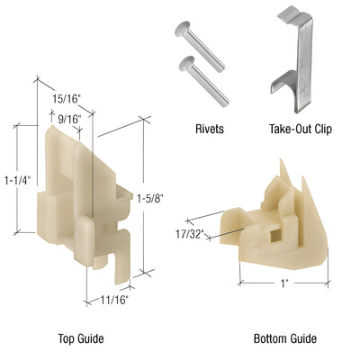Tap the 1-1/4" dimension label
pyautogui.click(x=15, y=179)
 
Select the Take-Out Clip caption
pyautogui.click(x=300, y=129)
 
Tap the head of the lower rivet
pyautogui.click(x=186, y=63)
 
